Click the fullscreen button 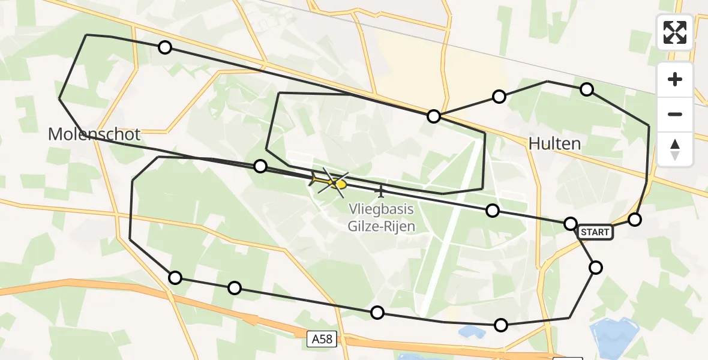(x=675, y=32)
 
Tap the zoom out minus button (x=675, y=114)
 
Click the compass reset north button (x=675, y=149)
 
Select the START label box (x=595, y=232)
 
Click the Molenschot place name (x=94, y=134)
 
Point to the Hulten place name (x=555, y=143)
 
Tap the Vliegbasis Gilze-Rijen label (x=381, y=218)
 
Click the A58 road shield (x=322, y=340)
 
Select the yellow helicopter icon (x=329, y=181)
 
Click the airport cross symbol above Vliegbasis (x=380, y=191)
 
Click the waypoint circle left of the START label (x=571, y=224)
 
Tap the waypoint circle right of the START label (x=634, y=220)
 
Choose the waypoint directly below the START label (x=596, y=267)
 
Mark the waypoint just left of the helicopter (x=260, y=166)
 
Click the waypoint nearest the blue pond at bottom (x=500, y=325)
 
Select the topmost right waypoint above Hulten (x=587, y=89)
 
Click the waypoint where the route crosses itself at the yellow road (x=433, y=116)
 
